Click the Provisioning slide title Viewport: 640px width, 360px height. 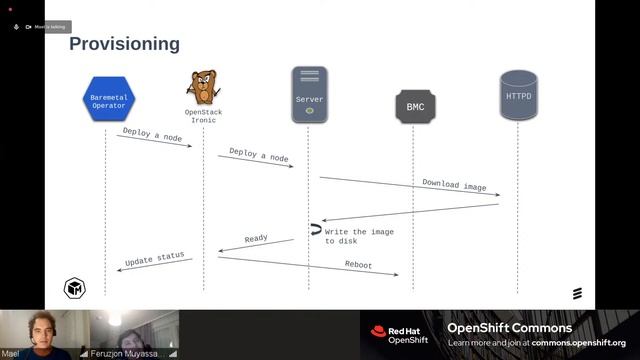coord(124,44)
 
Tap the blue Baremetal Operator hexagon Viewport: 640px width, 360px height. coord(106,97)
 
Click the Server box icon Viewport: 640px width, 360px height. coord(309,95)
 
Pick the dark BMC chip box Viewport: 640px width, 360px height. coord(415,106)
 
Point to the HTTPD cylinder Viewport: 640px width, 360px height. coord(517,96)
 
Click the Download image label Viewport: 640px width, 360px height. coord(454,185)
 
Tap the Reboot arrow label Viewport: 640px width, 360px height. coord(359,265)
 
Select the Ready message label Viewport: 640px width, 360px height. coord(256,239)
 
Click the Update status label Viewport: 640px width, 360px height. coord(154,259)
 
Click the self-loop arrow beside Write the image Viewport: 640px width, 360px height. coord(315,230)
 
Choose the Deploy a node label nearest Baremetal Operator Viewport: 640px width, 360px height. coord(152,134)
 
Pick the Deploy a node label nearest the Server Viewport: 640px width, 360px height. coord(258,157)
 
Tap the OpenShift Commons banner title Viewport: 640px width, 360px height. coord(509,328)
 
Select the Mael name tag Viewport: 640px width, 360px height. coord(11,353)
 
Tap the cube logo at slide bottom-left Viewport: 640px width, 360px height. coord(74,289)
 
